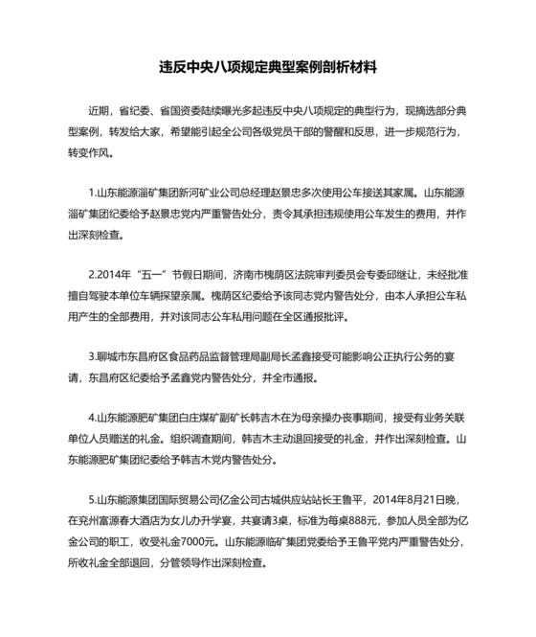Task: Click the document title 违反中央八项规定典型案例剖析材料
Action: coord(268,68)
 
